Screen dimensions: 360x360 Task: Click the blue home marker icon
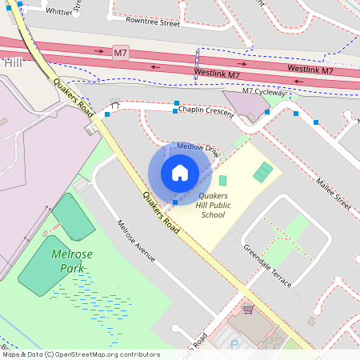click(x=180, y=173)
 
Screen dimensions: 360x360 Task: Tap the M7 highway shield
click(x=121, y=53)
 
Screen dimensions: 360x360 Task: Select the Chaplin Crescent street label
click(x=206, y=110)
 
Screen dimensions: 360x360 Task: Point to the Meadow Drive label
click(x=198, y=148)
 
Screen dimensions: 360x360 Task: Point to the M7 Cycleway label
click(x=265, y=92)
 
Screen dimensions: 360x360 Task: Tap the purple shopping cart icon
click(x=249, y=309)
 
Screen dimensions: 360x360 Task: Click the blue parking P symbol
click(x=234, y=344)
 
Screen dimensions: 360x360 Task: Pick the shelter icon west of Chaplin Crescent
click(x=115, y=104)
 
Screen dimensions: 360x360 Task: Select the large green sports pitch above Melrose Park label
click(x=74, y=217)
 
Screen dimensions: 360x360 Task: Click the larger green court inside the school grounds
click(x=262, y=171)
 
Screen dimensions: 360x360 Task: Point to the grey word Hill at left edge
click(x=13, y=62)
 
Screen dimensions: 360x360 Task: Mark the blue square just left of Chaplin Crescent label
click(x=176, y=110)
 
